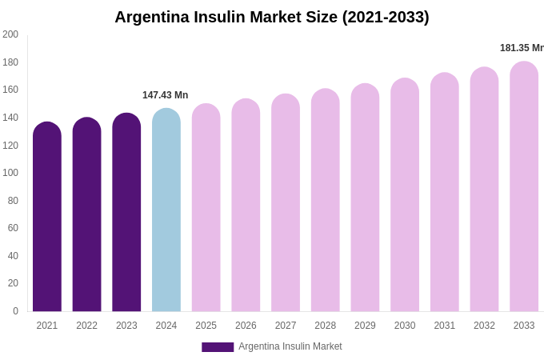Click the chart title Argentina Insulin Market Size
272,17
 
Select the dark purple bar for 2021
47,218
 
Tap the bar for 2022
86,215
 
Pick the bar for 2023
126,213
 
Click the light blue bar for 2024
166,210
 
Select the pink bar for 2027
286,203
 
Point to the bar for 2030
405,195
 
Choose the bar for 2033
524,187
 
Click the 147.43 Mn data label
166,95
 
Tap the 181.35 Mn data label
522,48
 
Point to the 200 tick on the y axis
10,34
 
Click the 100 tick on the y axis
10,173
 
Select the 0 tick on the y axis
15,311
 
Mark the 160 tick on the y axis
10,90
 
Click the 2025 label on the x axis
206,326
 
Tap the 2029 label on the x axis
365,326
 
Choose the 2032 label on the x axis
484,326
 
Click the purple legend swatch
218,347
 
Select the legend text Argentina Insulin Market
290,346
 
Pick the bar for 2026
246,206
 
